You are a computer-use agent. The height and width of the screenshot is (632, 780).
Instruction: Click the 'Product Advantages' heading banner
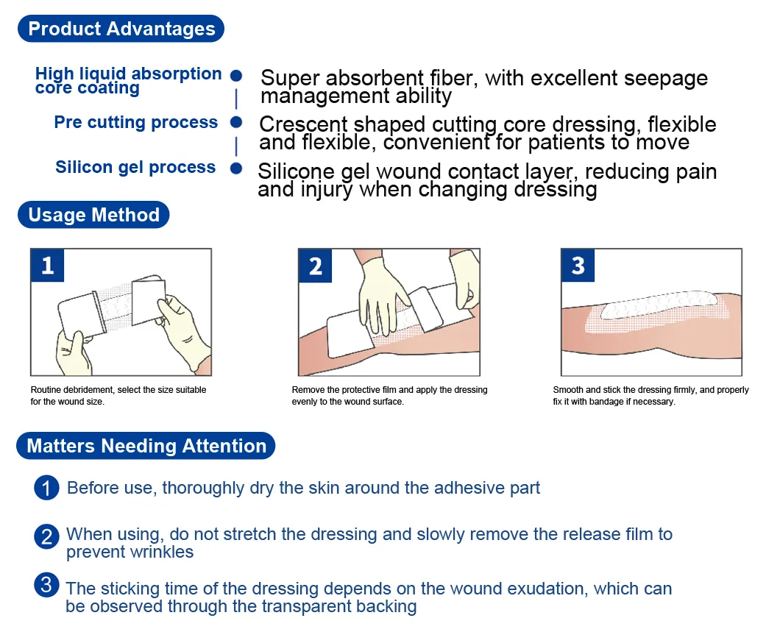tap(121, 29)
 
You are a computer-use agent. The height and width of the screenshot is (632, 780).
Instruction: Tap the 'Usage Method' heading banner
tap(93, 215)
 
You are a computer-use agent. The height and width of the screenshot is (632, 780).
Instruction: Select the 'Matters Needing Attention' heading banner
tap(146, 446)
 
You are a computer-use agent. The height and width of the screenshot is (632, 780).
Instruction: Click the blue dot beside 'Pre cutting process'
tap(236, 122)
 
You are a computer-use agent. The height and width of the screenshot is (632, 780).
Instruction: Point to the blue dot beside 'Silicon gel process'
tap(236, 168)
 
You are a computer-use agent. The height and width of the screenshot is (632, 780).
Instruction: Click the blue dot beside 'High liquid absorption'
tap(236, 75)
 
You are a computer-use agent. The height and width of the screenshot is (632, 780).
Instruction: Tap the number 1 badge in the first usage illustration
tap(48, 266)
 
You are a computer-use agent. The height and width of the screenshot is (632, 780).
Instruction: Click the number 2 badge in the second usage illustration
tap(316, 266)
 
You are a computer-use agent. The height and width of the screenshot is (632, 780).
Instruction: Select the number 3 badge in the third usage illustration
tap(578, 266)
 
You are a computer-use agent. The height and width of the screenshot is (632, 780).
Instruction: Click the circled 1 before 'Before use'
tap(46, 488)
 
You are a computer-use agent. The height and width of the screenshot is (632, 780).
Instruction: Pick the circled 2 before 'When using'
tap(46, 536)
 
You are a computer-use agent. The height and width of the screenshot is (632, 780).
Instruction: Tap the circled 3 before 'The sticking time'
tap(46, 586)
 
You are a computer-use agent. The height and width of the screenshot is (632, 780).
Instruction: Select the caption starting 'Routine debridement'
tap(118, 396)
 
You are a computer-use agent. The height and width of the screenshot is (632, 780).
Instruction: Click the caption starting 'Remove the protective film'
tap(389, 396)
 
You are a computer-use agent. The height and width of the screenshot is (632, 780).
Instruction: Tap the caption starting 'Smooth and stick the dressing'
tap(650, 396)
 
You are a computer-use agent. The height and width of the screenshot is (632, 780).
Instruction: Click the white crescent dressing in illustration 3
tap(659, 303)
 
